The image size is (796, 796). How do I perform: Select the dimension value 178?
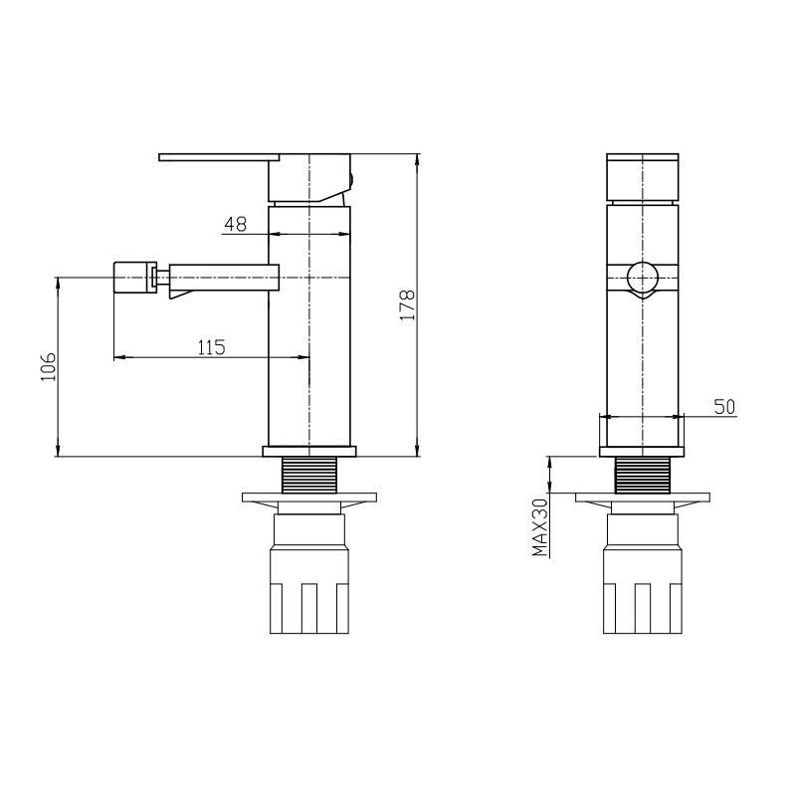(x=408, y=304)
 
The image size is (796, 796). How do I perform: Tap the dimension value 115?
(x=211, y=347)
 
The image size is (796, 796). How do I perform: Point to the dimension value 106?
(x=48, y=366)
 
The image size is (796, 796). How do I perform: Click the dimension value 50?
(x=724, y=407)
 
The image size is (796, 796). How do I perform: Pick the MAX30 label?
(x=540, y=527)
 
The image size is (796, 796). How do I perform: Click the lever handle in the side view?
(x=219, y=157)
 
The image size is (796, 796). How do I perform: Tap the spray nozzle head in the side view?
(x=134, y=278)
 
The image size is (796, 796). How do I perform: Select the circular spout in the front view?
(x=643, y=279)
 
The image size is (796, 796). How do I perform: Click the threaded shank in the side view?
(x=309, y=475)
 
